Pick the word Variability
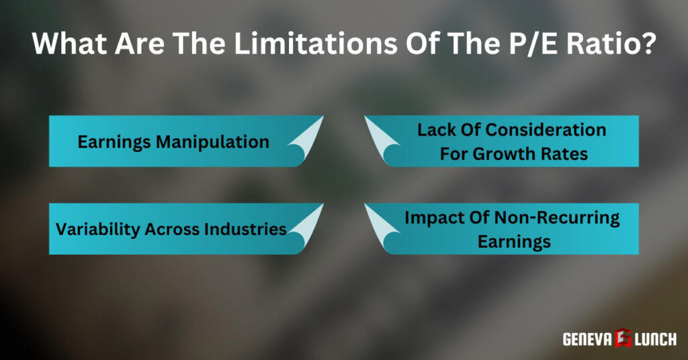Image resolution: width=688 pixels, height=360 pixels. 94,228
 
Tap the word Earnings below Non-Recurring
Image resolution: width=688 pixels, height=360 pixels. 514,241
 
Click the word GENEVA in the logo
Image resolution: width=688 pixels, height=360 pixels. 587,339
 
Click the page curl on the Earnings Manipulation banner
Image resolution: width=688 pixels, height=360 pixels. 306,142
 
